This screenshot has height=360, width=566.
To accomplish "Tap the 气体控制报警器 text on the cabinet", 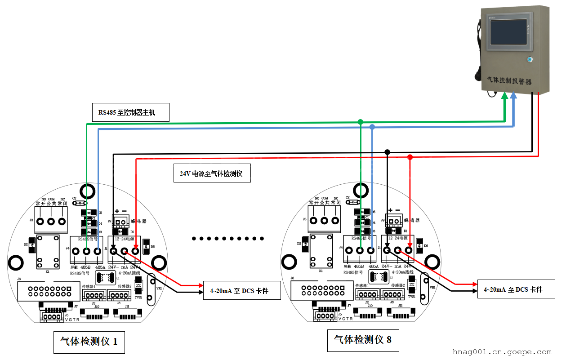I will tap(509, 81).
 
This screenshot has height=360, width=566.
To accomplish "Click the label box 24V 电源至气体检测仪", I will tap(212, 173).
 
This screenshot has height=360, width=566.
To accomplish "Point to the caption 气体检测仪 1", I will tap(89, 342).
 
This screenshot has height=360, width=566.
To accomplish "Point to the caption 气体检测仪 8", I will tap(362, 339).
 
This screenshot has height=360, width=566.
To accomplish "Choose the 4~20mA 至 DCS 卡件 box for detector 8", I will tap(516, 289).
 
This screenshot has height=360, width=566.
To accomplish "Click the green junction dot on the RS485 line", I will tap(360, 122).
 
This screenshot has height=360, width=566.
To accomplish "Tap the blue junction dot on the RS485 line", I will tap(372, 127).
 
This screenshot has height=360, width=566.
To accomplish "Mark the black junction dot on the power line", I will tap(388, 152).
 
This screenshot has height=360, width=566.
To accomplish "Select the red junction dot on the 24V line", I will tap(410, 157).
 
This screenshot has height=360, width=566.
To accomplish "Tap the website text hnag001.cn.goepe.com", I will tap(502, 352).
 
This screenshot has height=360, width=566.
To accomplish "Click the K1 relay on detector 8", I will tap(320, 255).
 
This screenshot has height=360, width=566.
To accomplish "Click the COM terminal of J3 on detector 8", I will tap(324, 221).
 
